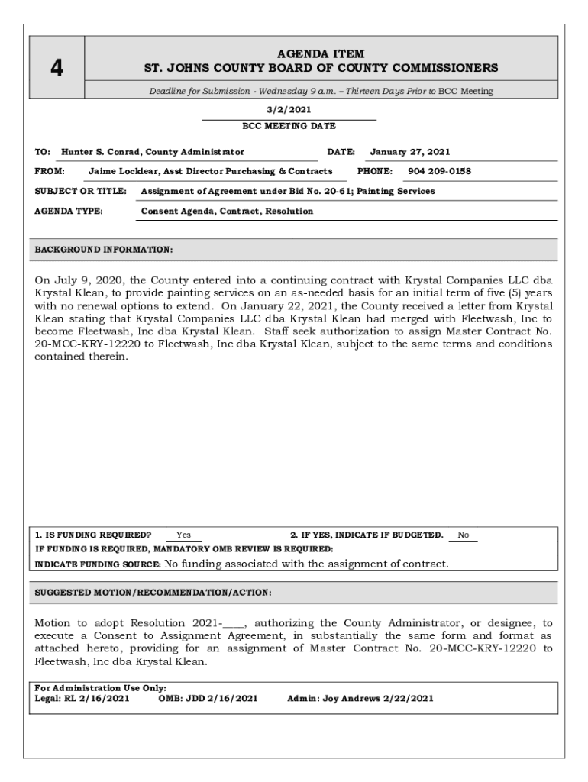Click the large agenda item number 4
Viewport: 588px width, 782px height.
click(x=57, y=69)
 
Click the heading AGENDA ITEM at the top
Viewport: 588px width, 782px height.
click(x=321, y=53)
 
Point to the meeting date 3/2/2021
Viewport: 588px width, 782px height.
click(x=289, y=110)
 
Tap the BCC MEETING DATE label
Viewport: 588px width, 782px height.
click(x=289, y=126)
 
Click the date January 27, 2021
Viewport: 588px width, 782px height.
click(x=410, y=152)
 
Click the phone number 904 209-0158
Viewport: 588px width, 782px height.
click(x=440, y=171)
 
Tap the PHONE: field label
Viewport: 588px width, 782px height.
click(x=375, y=171)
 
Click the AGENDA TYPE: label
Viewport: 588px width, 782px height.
click(x=69, y=211)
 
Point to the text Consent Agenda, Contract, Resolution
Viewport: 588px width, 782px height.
click(x=228, y=211)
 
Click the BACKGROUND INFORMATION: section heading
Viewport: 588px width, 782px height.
click(x=104, y=250)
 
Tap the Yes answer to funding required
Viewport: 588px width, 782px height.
click(x=183, y=535)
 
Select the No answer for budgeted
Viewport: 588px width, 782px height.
click(x=463, y=535)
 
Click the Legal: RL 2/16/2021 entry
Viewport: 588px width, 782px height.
click(x=82, y=698)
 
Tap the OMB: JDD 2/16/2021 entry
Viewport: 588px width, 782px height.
click(x=208, y=698)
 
